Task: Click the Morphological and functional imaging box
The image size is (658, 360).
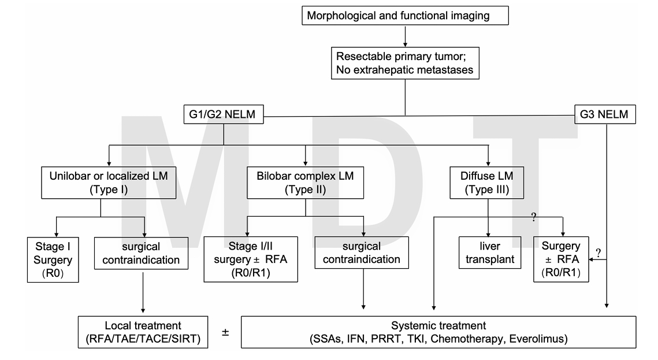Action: pos(405,16)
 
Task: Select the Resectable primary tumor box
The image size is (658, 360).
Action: pos(405,63)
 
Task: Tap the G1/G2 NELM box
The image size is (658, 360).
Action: pos(224,114)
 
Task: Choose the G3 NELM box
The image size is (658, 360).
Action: pos(605,114)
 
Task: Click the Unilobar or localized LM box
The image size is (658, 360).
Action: pos(109,183)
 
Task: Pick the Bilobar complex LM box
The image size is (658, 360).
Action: pos(305,183)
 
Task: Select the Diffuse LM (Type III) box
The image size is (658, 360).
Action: pos(487,183)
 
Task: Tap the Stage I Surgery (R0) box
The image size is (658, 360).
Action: pos(53,259)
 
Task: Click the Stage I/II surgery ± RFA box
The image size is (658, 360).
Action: pos(251,259)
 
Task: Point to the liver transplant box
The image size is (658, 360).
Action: pos(490,253)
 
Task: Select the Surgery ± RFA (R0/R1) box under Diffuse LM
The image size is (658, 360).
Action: pos(560,259)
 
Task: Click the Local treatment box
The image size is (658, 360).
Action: pos(143,332)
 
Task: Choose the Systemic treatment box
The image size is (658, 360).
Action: pos(438,332)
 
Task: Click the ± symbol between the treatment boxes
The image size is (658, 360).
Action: pos(225,333)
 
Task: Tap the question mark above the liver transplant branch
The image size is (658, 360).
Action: pos(534,217)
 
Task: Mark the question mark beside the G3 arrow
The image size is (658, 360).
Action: pos(598,253)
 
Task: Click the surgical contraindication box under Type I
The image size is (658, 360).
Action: pos(141,253)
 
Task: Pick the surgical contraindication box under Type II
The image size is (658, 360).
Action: pos(361,253)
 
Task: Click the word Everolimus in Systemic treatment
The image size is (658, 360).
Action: pos(538,339)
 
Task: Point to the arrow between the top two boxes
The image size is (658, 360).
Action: pos(405,36)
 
